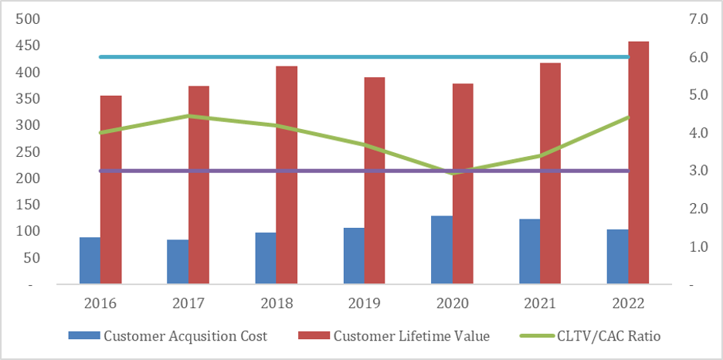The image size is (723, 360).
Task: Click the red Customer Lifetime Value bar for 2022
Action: (x=639, y=163)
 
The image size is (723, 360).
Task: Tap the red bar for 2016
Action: (x=111, y=190)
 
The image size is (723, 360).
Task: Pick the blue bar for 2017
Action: (x=178, y=262)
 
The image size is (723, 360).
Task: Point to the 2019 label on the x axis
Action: (x=365, y=304)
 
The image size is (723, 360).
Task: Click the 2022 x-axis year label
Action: (x=628, y=304)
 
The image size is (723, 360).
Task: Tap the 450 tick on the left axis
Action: (x=26, y=46)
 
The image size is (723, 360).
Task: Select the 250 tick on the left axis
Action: (x=26, y=151)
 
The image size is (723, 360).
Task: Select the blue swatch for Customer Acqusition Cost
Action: (x=84, y=336)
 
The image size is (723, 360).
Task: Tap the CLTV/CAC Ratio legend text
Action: (x=609, y=336)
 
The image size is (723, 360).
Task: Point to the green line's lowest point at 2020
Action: (x=453, y=173)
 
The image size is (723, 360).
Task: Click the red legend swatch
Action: (x=314, y=336)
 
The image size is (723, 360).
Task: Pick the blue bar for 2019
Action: (x=355, y=256)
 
